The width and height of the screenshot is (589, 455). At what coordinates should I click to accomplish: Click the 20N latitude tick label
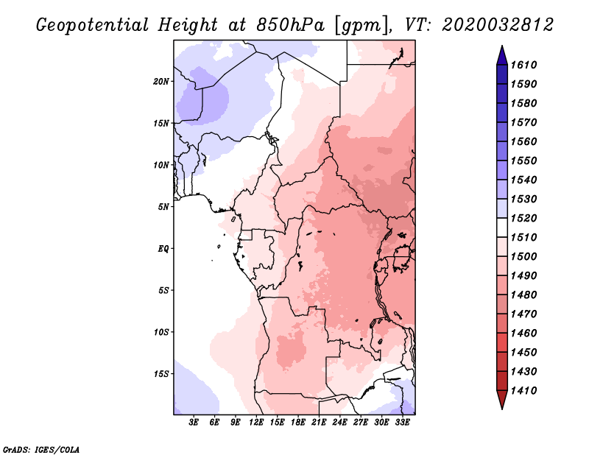[x=161, y=82]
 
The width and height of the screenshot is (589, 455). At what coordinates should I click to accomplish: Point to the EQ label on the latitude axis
[x=163, y=249]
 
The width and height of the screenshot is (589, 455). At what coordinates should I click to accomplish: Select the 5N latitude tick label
[x=163, y=207]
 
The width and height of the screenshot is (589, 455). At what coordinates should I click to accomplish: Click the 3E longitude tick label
[x=194, y=423]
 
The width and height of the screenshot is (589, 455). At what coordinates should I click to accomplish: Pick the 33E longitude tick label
[x=402, y=423]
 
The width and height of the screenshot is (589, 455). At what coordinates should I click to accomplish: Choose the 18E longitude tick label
[x=298, y=423]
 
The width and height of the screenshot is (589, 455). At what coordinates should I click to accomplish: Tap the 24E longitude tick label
[x=339, y=423]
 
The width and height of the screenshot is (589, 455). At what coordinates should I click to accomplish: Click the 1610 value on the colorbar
[x=523, y=65]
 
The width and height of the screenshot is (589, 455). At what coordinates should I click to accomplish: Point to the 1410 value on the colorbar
[x=523, y=391]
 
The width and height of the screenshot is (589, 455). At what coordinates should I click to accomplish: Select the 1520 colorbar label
[x=523, y=218]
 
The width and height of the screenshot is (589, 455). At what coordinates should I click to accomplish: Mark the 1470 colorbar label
[x=523, y=314]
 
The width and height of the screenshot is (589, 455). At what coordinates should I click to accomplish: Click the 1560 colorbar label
[x=523, y=141]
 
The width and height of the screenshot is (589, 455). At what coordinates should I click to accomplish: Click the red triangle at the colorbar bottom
[x=502, y=399]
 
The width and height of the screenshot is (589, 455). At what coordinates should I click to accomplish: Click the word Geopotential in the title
[x=92, y=25]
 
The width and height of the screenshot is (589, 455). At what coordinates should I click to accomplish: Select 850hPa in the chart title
[x=290, y=25]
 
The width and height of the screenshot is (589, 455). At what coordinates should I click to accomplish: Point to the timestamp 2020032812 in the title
[x=498, y=25]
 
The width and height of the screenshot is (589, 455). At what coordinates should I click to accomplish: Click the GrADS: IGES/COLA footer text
[x=41, y=449]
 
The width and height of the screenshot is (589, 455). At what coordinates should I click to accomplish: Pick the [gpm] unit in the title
[x=361, y=26]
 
